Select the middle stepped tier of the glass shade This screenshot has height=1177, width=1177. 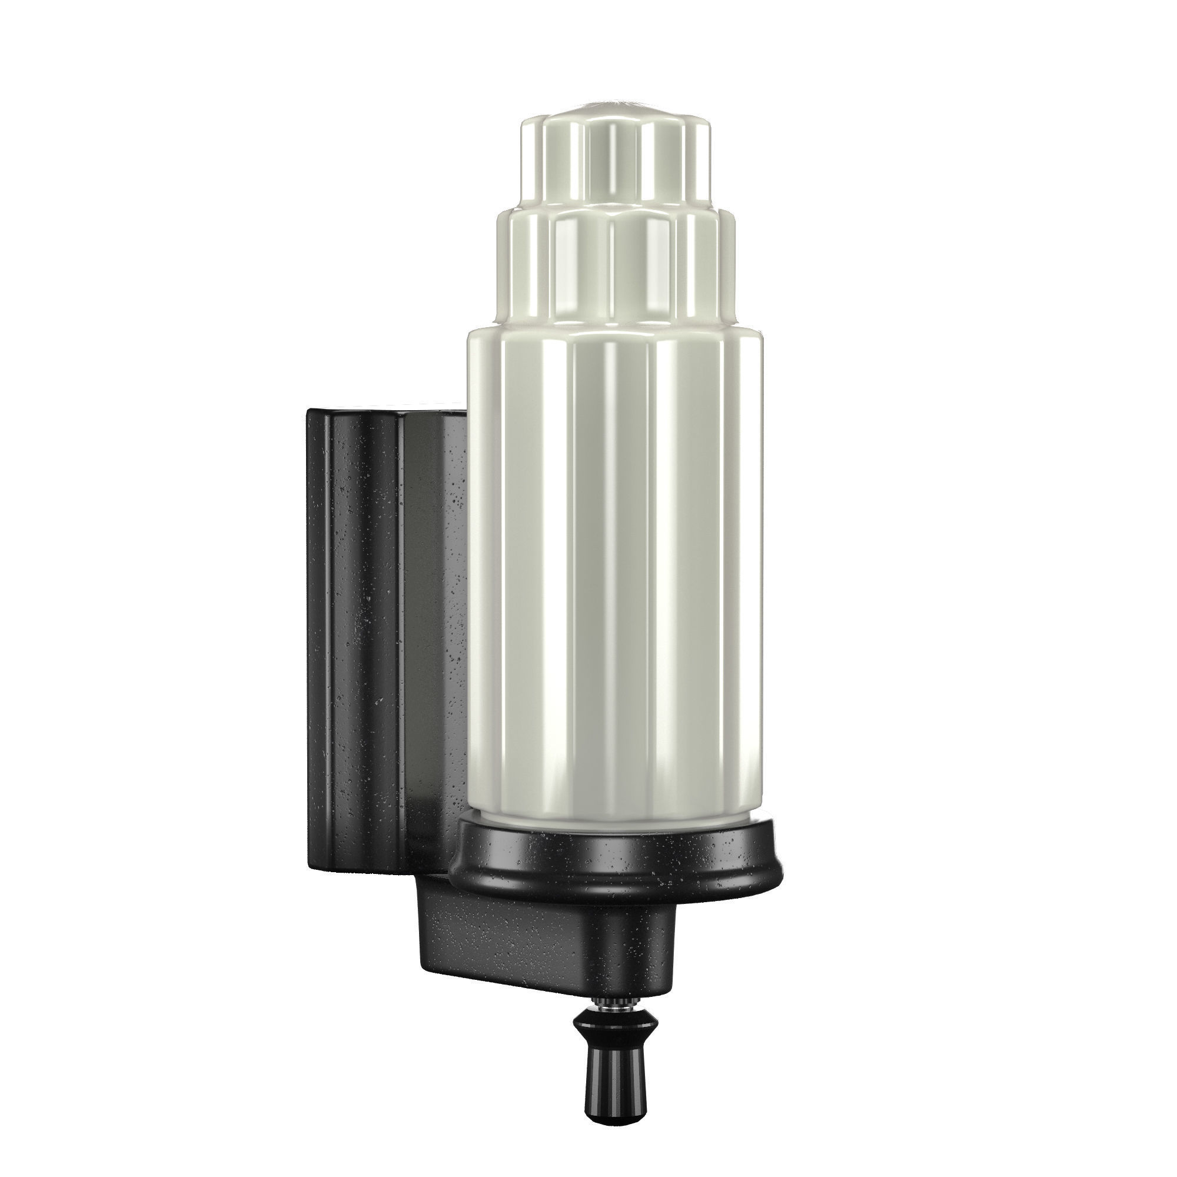[616, 268]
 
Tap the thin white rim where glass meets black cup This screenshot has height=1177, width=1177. [616, 818]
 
